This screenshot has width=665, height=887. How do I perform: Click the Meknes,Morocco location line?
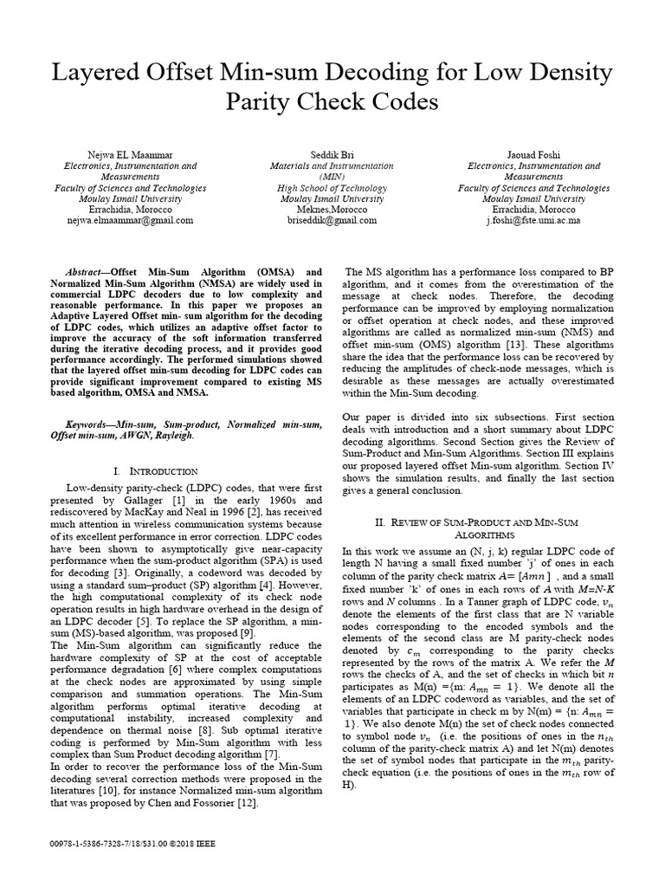(332, 209)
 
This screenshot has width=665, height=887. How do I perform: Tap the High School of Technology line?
(332, 187)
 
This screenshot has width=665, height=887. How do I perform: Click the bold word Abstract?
(84, 271)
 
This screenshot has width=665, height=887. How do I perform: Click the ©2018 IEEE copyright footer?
(192, 842)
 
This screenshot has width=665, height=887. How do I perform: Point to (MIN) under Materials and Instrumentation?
(332, 176)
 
